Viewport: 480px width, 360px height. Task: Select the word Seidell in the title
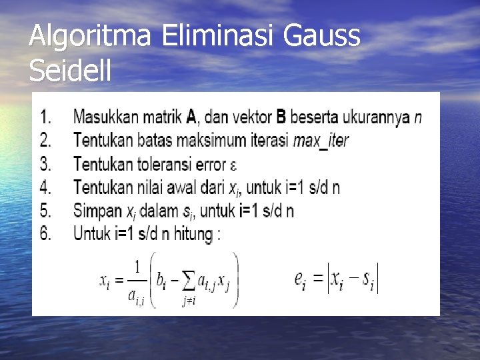click(70, 71)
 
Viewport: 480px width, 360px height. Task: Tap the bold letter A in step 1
click(191, 118)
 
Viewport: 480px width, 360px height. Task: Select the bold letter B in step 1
click(281, 118)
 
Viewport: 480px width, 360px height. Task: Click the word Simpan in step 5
click(97, 211)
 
